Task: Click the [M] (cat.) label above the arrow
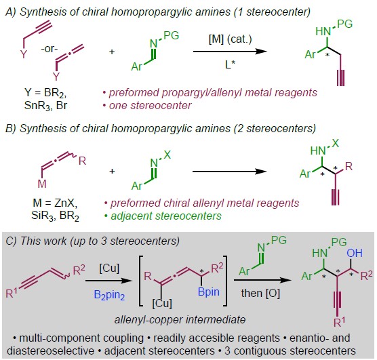[x=230, y=39]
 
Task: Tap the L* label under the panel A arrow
[x=230, y=64]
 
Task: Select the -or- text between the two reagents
[x=49, y=49]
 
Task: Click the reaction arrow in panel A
[x=230, y=52]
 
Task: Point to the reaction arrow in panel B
[x=230, y=172]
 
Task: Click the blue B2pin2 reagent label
[x=109, y=295]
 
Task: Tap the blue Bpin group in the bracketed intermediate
[x=208, y=292]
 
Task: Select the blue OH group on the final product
[x=355, y=253]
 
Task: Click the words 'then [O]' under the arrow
[x=260, y=294]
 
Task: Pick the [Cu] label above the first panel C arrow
[x=109, y=268]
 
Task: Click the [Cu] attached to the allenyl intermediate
[x=162, y=304]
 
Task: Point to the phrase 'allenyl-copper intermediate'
[x=180, y=320]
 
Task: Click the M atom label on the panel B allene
[x=42, y=184]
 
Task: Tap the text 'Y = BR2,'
[x=45, y=93]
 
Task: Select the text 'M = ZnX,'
[x=55, y=203]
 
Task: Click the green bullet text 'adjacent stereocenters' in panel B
[x=163, y=216]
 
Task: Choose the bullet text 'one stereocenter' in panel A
[x=147, y=105]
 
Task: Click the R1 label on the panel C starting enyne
[x=12, y=293]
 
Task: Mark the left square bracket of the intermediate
[x=141, y=281]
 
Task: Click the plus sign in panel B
[x=112, y=172]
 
